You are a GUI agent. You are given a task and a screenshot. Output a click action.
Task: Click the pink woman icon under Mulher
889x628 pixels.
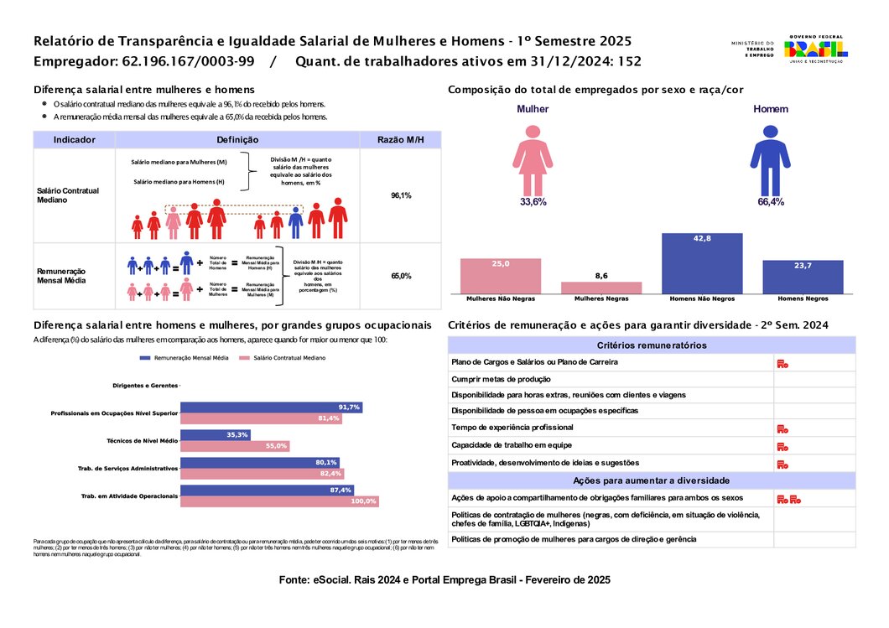tap(533, 158)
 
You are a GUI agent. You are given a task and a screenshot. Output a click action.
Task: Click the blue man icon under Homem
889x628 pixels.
tap(770, 158)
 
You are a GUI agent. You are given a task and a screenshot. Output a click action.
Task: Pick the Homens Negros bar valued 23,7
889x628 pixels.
tap(803, 277)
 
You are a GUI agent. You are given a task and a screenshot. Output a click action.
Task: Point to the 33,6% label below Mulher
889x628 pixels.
tap(533, 202)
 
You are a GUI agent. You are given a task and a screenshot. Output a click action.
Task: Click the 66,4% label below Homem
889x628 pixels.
tap(770, 202)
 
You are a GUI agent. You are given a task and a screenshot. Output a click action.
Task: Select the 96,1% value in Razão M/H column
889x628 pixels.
tap(401, 195)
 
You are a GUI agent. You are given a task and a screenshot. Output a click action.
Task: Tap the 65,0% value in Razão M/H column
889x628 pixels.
tap(401, 276)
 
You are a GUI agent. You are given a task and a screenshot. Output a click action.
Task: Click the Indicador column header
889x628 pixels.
tap(74, 140)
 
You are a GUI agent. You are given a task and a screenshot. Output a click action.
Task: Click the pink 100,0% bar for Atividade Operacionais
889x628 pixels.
tap(279, 501)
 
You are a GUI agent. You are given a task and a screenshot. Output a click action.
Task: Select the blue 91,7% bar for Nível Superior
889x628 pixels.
tap(271, 407)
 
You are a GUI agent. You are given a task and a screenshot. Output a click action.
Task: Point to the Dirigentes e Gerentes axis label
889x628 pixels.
tap(146, 386)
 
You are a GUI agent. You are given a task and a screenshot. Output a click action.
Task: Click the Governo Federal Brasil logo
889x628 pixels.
tap(815, 49)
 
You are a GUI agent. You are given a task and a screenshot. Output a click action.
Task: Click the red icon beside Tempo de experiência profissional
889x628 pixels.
tap(782, 428)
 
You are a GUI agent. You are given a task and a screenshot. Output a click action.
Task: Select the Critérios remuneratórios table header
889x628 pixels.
tap(652, 345)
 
